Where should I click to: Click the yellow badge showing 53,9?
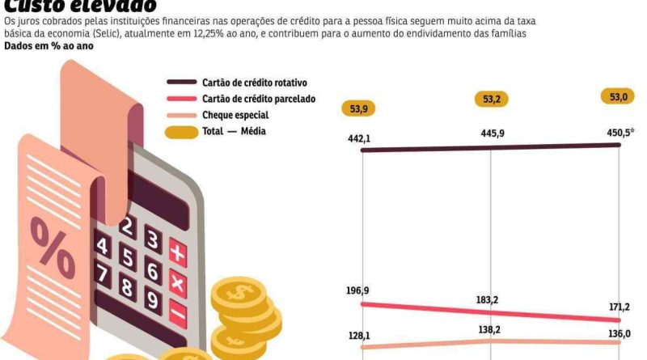[360, 108]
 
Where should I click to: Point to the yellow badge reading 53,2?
[491, 100]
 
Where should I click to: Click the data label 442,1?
[359, 139]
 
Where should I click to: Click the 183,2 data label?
[487, 300]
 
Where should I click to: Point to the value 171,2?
[618, 307]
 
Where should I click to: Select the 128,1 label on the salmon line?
[359, 336]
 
